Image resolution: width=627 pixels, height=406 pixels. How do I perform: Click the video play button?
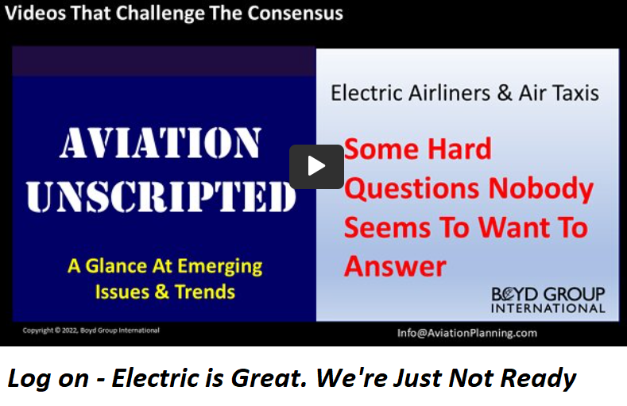[316, 167]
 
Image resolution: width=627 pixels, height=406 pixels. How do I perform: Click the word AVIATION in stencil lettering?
[161, 144]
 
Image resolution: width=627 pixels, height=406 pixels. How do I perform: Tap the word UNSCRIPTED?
[161, 196]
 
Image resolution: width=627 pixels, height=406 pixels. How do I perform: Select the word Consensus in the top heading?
[295, 13]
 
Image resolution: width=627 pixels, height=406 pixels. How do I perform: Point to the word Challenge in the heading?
[160, 14]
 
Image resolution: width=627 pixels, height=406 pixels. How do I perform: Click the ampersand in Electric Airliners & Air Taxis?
[505, 93]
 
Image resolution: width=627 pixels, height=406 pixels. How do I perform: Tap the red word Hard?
[459, 149]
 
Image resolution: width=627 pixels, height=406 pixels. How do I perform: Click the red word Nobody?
[541, 189]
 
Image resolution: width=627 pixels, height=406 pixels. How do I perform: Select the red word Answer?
[395, 266]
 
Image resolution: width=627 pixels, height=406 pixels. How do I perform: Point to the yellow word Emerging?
[219, 266]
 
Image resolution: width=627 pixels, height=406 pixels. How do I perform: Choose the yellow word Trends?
[205, 292]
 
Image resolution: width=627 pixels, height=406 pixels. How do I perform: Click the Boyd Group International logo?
[548, 300]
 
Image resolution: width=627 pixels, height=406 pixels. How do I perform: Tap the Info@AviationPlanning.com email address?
[467, 333]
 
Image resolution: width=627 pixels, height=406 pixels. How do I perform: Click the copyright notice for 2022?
[91, 331]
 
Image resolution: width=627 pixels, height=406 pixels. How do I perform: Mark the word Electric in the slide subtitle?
[366, 93]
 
